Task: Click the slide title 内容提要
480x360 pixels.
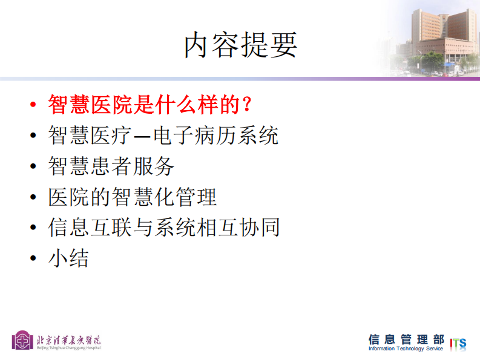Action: click(240, 45)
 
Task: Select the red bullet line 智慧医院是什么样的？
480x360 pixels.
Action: click(149, 105)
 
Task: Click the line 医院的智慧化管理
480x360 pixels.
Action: click(132, 197)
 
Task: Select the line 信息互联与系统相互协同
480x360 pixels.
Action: click(163, 228)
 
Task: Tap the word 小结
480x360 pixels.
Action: click(68, 259)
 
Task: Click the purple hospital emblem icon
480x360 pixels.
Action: click(22, 340)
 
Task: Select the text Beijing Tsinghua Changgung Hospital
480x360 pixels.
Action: click(68, 348)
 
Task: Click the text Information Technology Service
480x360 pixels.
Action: click(406, 349)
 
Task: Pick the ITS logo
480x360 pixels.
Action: click(458, 343)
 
